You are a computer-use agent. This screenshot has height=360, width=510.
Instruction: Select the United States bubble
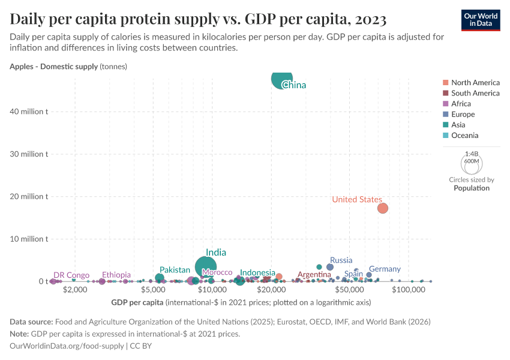click(382, 208)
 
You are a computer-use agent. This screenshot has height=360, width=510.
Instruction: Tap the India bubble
click(206, 267)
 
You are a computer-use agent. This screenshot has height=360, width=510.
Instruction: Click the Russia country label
click(341, 260)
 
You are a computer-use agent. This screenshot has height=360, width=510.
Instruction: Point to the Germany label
click(385, 269)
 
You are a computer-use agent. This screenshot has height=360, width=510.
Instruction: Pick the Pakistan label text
click(175, 270)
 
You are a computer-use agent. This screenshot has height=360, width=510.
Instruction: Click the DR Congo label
click(71, 275)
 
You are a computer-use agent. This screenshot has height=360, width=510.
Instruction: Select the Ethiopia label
click(116, 275)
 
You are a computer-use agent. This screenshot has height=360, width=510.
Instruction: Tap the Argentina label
click(314, 274)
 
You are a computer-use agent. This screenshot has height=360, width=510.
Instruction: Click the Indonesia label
click(257, 272)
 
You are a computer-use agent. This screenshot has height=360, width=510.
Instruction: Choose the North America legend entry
click(475, 82)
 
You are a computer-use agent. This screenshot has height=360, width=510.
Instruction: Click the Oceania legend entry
click(465, 136)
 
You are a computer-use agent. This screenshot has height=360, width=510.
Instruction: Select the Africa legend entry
click(462, 104)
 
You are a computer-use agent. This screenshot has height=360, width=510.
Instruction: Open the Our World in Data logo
click(480, 19)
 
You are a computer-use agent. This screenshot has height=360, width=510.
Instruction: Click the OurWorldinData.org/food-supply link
click(67, 346)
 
